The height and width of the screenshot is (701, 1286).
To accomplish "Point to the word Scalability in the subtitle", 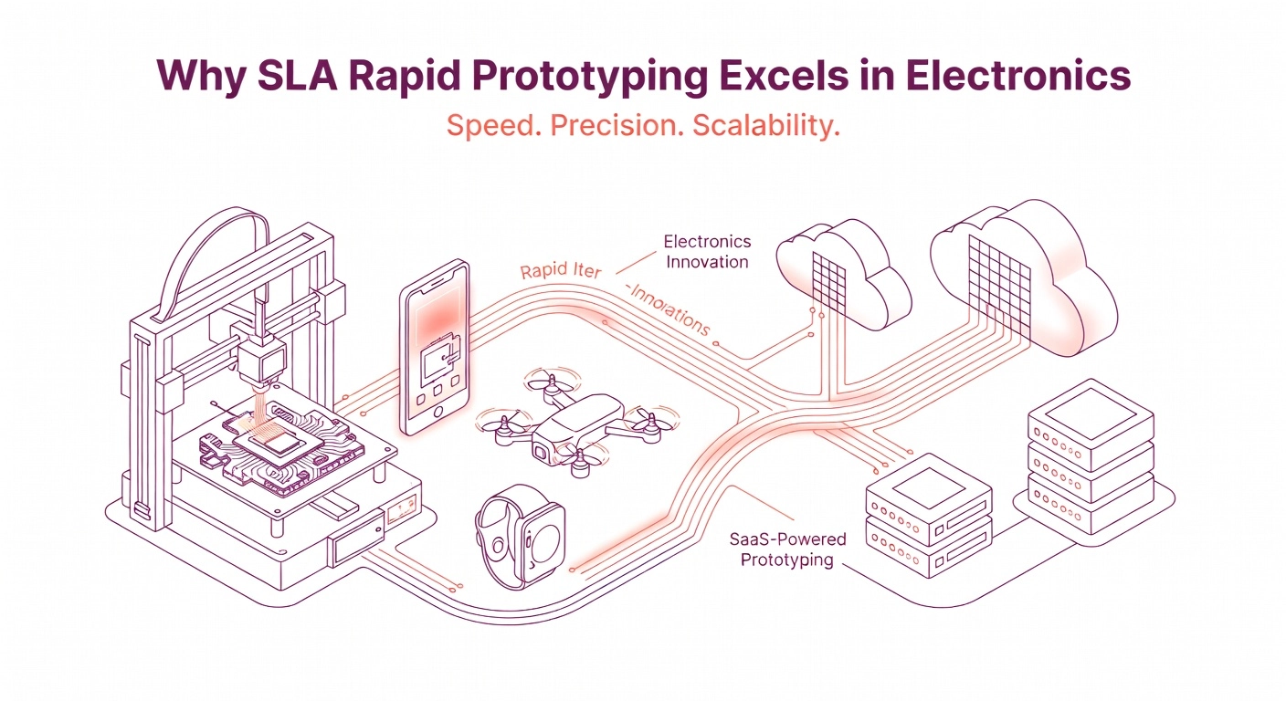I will click(x=765, y=126).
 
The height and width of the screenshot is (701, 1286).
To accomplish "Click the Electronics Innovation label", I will click(x=707, y=251).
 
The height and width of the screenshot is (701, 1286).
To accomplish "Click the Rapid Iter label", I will click(x=559, y=272).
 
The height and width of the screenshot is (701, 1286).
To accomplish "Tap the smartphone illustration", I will click(x=434, y=347).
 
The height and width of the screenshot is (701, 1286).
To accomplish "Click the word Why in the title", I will click(x=198, y=76).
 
